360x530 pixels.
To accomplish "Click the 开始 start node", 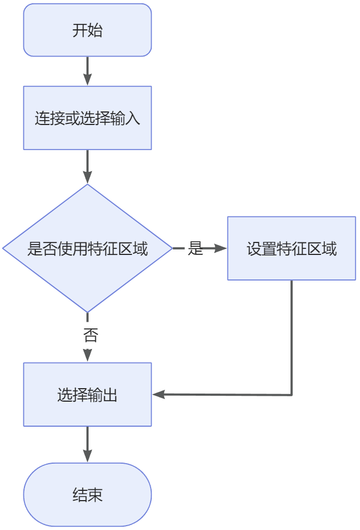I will point(87,30).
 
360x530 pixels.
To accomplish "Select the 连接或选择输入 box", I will point(87,118).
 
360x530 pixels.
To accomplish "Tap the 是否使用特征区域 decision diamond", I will point(87,248).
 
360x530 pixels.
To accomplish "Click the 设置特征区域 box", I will point(291,248).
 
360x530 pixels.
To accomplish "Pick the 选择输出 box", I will point(87,395).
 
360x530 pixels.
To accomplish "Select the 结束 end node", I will point(87,495).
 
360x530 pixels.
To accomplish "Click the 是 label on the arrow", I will point(195,248).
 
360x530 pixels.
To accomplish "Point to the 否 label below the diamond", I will point(90,335).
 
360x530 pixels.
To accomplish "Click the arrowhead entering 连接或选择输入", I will point(87,80).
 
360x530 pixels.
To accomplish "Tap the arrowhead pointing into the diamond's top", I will point(87,178).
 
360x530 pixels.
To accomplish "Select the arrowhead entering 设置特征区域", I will point(221,248).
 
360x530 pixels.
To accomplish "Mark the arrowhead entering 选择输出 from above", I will point(87,356).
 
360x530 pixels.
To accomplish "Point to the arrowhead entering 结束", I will point(87,457).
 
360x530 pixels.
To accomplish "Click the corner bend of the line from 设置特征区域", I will point(292,395).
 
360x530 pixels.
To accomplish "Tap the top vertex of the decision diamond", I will point(87,185).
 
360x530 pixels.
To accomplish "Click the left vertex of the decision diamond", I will point(3,248).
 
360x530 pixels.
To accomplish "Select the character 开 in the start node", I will point(79,30).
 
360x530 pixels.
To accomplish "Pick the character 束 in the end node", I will point(95,495).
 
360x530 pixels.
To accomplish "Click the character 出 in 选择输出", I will point(110,395).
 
